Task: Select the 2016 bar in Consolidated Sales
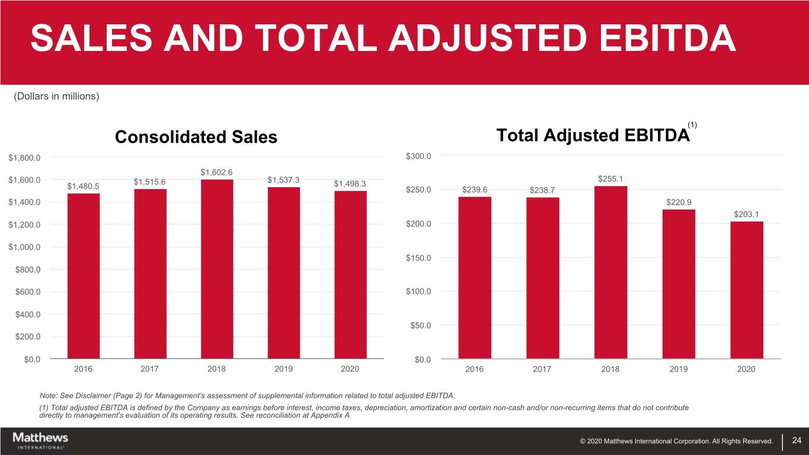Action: point(84,275)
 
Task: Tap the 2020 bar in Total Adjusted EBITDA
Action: point(747,290)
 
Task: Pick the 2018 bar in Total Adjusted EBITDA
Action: point(610,273)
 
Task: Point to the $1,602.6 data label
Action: point(217,172)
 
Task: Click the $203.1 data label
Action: point(747,214)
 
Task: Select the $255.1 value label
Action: point(610,179)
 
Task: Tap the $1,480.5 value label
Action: point(84,186)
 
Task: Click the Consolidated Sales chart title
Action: point(196,137)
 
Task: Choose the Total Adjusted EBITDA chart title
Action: point(593,136)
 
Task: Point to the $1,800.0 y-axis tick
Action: point(24,158)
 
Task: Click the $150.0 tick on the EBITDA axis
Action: point(418,258)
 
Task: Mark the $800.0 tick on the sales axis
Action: point(28,270)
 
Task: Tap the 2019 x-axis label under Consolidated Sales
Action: point(283,369)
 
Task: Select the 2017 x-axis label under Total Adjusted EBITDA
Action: point(542,369)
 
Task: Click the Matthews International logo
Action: point(40,440)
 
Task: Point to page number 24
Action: point(796,440)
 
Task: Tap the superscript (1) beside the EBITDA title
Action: point(692,124)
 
